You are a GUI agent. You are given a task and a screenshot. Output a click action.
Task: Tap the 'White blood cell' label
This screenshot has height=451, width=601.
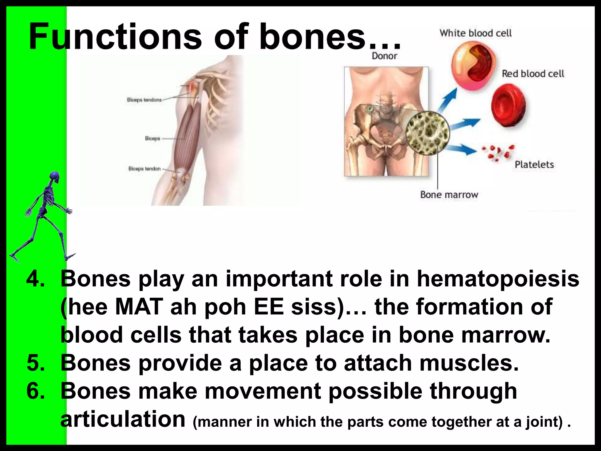[475, 33]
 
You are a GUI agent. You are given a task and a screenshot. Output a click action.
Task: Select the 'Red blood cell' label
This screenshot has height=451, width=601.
[533, 74]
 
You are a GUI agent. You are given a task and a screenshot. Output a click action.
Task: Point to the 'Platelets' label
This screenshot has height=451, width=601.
[534, 164]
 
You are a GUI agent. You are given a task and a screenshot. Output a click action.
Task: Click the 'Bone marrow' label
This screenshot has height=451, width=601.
[449, 195]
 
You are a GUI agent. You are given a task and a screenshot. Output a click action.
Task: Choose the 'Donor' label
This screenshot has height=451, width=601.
[384, 56]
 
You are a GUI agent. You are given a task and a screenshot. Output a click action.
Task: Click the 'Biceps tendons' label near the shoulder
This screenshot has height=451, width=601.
[144, 100]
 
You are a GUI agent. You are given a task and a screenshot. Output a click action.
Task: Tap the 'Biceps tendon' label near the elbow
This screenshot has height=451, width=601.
[144, 169]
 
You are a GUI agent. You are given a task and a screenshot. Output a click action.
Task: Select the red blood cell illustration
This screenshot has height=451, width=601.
[508, 105]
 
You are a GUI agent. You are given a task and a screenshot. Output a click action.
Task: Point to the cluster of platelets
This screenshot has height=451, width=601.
[497, 153]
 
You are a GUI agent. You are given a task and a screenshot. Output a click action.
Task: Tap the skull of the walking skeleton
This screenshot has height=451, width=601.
[55, 177]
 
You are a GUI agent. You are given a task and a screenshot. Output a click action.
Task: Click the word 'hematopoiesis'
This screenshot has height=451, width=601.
[498, 279]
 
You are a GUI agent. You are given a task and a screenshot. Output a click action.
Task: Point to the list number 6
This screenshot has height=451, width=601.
[36, 391]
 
